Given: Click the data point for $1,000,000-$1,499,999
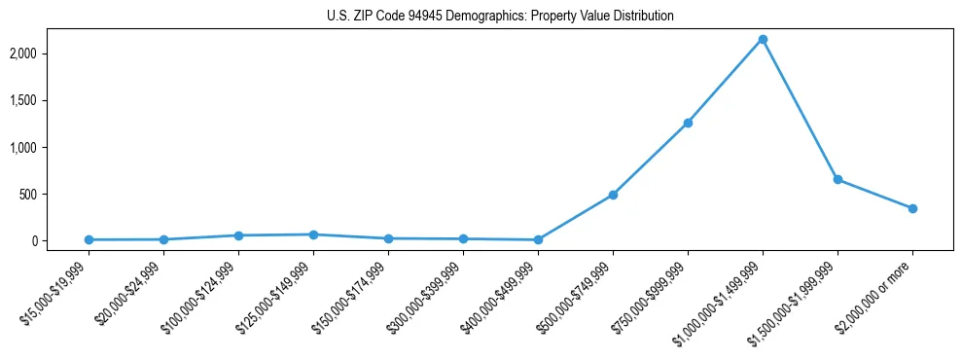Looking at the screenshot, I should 763,40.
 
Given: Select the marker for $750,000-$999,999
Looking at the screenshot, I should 688,123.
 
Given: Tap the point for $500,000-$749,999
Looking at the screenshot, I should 613,195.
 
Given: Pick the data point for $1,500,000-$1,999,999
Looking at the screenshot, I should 837,179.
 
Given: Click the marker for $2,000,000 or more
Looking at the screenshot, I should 912,208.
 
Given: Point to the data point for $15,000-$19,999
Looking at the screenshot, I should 89,239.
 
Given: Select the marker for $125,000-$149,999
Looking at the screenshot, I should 313,234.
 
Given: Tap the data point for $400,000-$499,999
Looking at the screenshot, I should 538,239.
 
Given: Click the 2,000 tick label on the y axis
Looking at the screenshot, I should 51,54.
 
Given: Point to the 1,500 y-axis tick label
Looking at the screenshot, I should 51,100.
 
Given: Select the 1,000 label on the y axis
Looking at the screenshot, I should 51,147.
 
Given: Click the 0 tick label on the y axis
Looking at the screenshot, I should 61,240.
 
